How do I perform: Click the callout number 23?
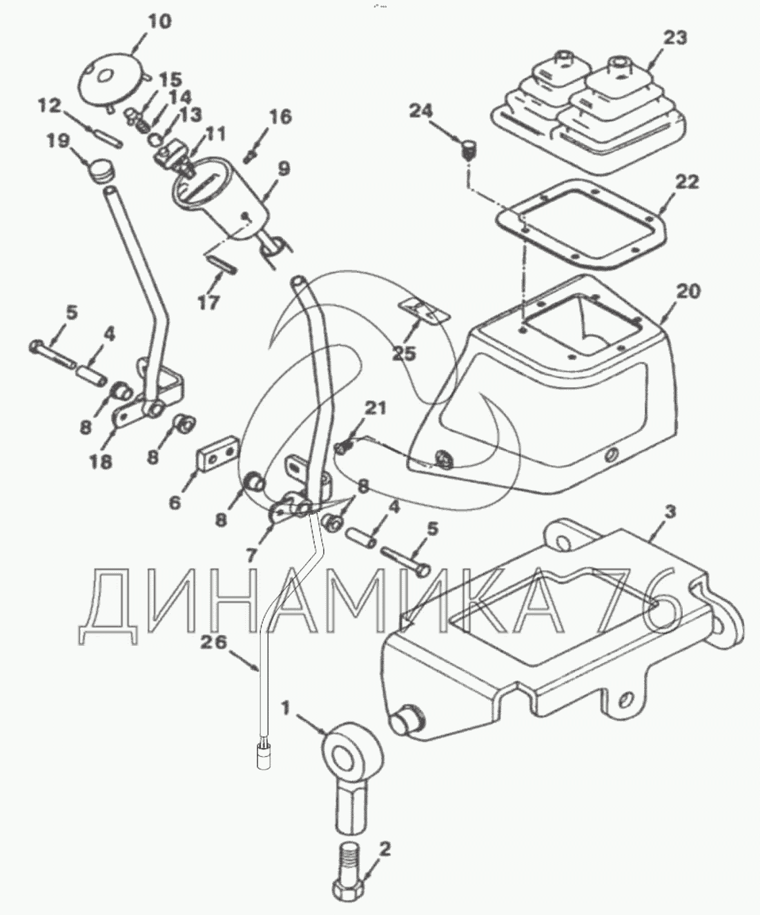676,37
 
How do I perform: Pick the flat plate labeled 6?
218,458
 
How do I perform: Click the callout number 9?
284,168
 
